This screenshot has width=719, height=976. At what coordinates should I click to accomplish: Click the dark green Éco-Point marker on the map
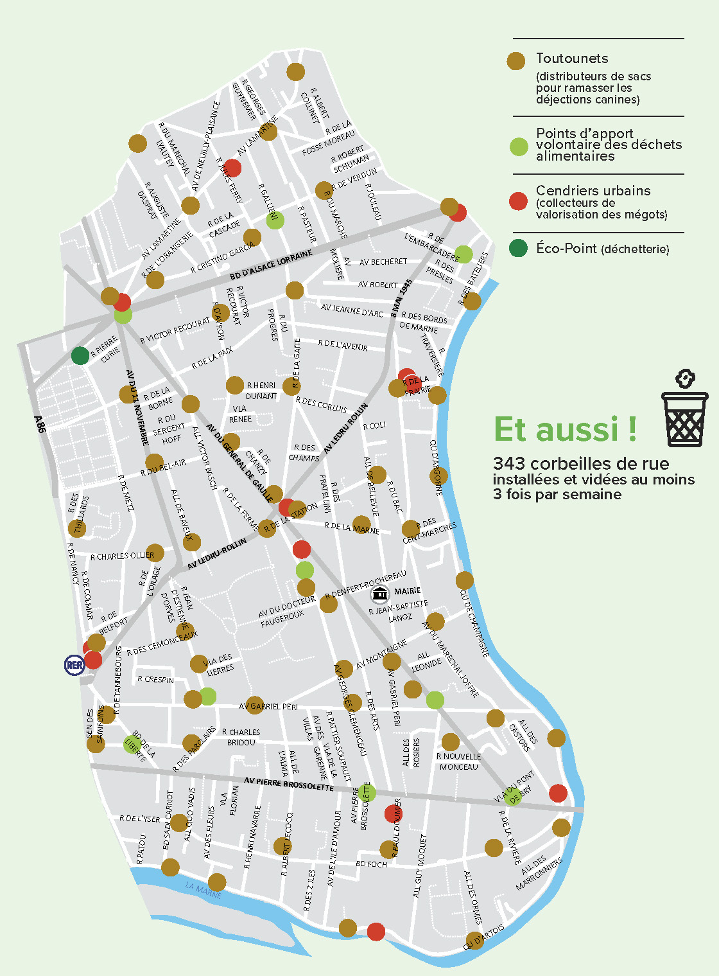pos(80,355)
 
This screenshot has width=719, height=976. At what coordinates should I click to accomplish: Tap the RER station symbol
pos(74,665)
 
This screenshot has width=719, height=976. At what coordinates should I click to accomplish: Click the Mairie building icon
pos(381,594)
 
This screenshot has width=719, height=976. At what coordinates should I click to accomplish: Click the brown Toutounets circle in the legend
pos(516,61)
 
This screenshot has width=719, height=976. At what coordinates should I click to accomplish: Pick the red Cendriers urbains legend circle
pos(518,201)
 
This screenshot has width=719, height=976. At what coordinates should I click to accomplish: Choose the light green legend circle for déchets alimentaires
pos(518,146)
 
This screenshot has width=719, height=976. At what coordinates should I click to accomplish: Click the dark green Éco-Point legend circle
pos(518,248)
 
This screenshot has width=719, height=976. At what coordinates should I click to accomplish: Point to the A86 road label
pos(40,424)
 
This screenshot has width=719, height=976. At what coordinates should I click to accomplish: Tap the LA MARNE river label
pos(203,890)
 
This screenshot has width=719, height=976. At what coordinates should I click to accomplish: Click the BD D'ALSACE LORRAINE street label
pos(271,265)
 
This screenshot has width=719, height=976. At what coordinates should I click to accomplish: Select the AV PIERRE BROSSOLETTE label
pos(289,784)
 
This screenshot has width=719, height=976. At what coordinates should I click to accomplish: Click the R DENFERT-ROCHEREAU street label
pos(365,584)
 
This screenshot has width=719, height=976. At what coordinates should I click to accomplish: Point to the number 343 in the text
pos(510,464)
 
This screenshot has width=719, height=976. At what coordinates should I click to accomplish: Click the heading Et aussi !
pos(566,430)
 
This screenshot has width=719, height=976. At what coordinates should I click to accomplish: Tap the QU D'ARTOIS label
pos(485,937)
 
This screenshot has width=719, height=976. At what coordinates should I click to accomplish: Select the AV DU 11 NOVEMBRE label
pos(137,407)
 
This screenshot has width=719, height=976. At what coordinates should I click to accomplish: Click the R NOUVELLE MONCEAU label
pos(458,761)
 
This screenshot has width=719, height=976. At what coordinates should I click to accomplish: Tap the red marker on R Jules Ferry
pos(232,168)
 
